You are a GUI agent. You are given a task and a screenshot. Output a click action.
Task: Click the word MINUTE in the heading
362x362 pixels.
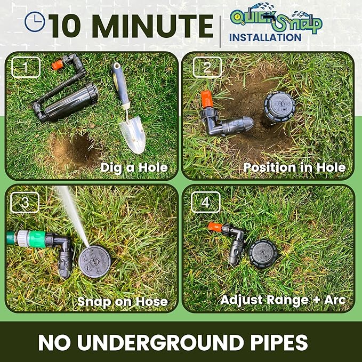[155, 26]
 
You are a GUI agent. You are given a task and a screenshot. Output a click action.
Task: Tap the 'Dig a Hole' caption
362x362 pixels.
[134, 168]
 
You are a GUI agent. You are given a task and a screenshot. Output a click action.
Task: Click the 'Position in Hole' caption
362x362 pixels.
[294, 167]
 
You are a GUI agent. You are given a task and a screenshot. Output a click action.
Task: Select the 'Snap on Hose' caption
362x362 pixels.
[123, 301]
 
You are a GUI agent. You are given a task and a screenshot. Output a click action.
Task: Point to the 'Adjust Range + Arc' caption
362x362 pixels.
[283, 300]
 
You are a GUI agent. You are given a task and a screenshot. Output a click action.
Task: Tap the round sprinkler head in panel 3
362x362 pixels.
[95, 258]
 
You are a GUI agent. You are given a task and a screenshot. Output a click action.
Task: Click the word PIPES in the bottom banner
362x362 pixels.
[267, 343]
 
